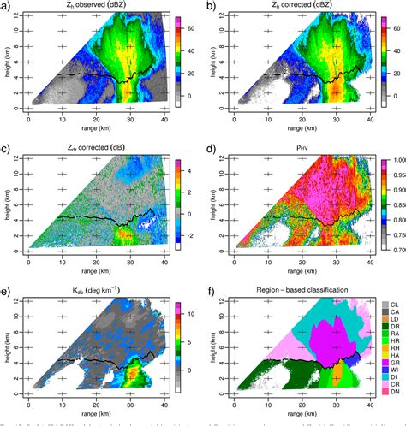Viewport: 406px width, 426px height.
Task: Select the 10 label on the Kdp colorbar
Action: pyautogui.click(x=191, y=314)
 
